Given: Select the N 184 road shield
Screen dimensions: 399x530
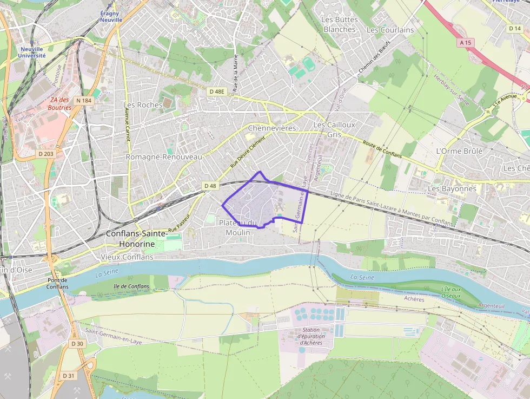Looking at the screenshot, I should pos(84,100).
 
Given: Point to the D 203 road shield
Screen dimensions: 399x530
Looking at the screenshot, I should pos(47,154).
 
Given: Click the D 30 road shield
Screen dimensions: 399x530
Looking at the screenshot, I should pos(77,344).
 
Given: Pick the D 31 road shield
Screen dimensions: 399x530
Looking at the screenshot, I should pos(68,376).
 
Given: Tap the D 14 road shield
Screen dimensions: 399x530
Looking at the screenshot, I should pos(514,28).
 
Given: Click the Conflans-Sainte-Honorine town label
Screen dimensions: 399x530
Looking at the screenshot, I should pos(130,239).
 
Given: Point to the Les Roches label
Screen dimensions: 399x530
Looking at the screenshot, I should pos(143,104).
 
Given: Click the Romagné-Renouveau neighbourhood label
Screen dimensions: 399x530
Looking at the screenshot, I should pos(163,156).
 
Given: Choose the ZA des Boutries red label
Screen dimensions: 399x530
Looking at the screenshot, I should pos(61,103).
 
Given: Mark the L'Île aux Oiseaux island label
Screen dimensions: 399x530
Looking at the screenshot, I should pos(451,292).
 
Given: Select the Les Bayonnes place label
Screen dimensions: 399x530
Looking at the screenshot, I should pos(452,188).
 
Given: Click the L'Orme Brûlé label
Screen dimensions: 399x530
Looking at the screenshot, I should pos(459,151).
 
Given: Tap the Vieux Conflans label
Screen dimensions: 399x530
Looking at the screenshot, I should pos(130,257).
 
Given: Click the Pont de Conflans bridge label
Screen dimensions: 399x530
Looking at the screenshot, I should pos(57,283).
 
